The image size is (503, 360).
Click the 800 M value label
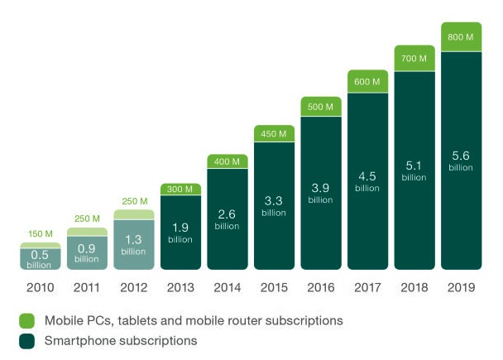(x=462, y=38)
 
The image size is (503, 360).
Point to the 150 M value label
(x=41, y=234)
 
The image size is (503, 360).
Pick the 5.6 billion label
(x=462, y=161)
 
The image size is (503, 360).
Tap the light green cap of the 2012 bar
(x=134, y=214)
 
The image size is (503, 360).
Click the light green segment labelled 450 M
(x=274, y=133)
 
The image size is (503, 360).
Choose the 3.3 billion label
(x=274, y=204)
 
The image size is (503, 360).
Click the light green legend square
(x=26, y=320)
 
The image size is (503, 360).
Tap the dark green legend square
(x=26, y=340)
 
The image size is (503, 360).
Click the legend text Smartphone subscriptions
(x=120, y=340)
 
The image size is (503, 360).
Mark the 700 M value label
(x=414, y=59)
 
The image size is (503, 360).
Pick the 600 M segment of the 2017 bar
(x=367, y=82)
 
